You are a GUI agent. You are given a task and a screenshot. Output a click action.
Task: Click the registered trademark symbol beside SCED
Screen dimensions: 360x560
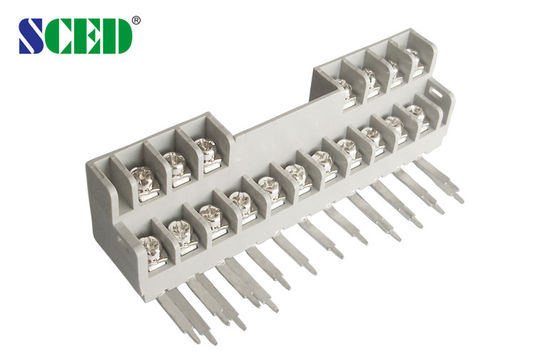click(x=136, y=18)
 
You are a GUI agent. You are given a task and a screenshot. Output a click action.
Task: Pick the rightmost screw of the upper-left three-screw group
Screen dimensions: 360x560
click(x=206, y=150)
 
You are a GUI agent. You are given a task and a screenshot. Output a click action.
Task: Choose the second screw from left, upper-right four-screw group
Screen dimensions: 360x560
click(x=370, y=78)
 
